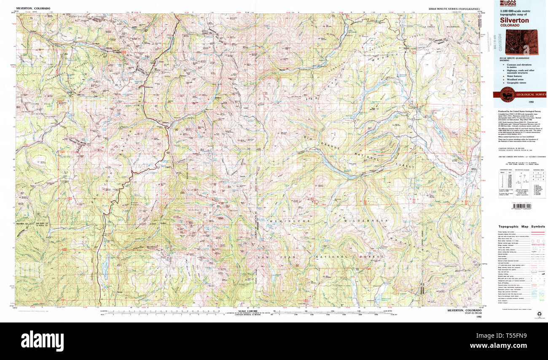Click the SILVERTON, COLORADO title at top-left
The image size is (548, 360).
tap(32, 8)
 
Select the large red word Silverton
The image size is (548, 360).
tap(514, 20)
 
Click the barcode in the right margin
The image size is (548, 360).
tap(510, 207)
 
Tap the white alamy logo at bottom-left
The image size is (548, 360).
tap(42, 340)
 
